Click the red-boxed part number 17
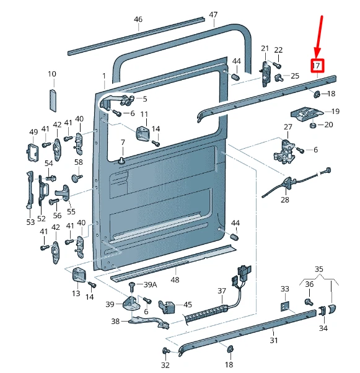click(317, 66)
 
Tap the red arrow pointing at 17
click(319, 37)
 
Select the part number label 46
click(138, 19)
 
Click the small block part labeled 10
click(53, 100)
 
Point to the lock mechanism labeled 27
click(284, 152)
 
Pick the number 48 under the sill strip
click(175, 279)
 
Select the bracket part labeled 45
click(167, 307)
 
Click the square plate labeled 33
click(285, 306)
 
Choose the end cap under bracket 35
click(331, 309)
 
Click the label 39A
click(150, 284)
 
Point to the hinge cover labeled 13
click(79, 274)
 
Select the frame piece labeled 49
click(32, 152)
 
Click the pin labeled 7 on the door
click(122, 160)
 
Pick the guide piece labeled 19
click(307, 114)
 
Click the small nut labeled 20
click(313, 125)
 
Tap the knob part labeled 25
click(279, 78)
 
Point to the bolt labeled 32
click(165, 351)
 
